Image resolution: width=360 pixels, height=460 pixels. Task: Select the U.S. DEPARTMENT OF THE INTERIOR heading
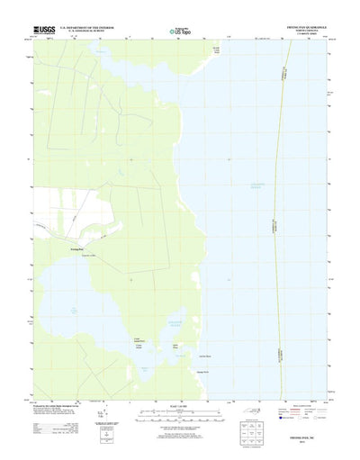coord(89,28)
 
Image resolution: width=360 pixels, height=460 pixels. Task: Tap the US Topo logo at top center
coord(180,32)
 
